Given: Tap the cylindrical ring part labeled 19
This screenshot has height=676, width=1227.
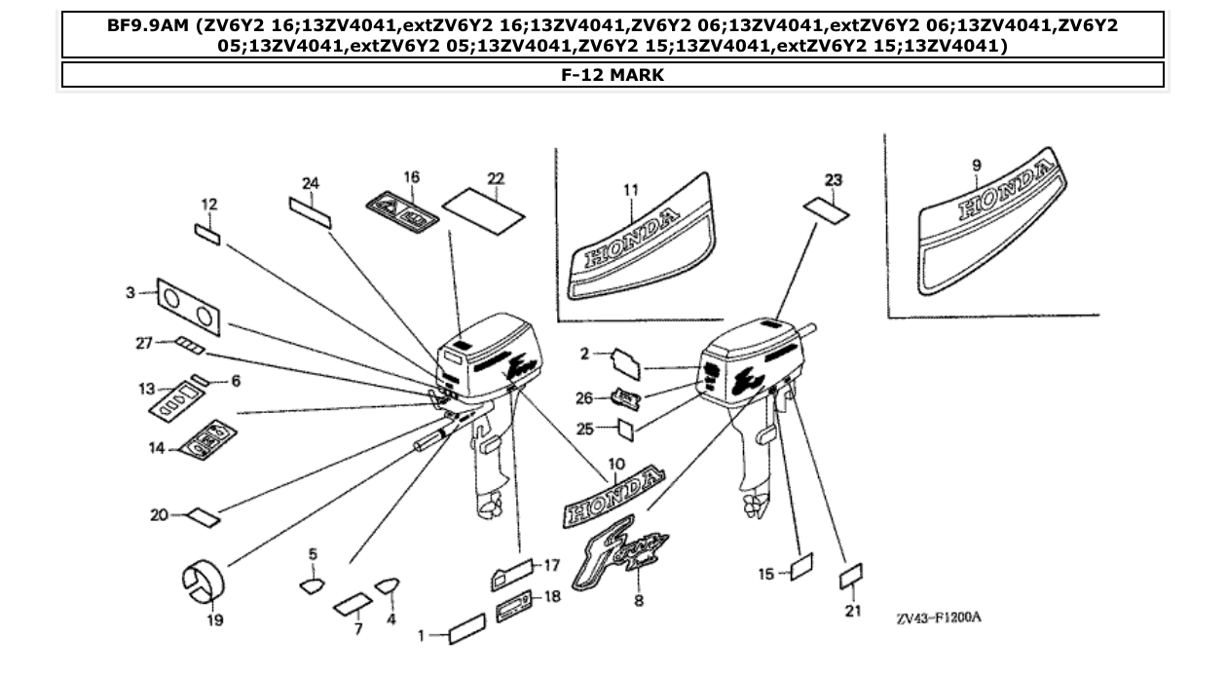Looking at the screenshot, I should [x=204, y=582].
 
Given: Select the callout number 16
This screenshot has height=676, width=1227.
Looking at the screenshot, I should [x=411, y=177].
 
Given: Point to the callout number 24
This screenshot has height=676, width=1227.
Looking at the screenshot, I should [x=310, y=183].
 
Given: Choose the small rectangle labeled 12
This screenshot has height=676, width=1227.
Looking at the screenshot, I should [x=208, y=235].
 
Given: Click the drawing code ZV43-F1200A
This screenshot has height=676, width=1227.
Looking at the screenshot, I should [x=939, y=619].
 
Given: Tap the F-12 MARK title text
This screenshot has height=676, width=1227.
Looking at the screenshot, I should [x=613, y=75].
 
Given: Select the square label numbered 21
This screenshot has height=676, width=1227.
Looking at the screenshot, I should [x=852, y=577].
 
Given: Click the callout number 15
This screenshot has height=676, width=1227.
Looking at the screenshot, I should [x=767, y=575].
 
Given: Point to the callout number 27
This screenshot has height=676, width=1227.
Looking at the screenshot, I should [x=145, y=342].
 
